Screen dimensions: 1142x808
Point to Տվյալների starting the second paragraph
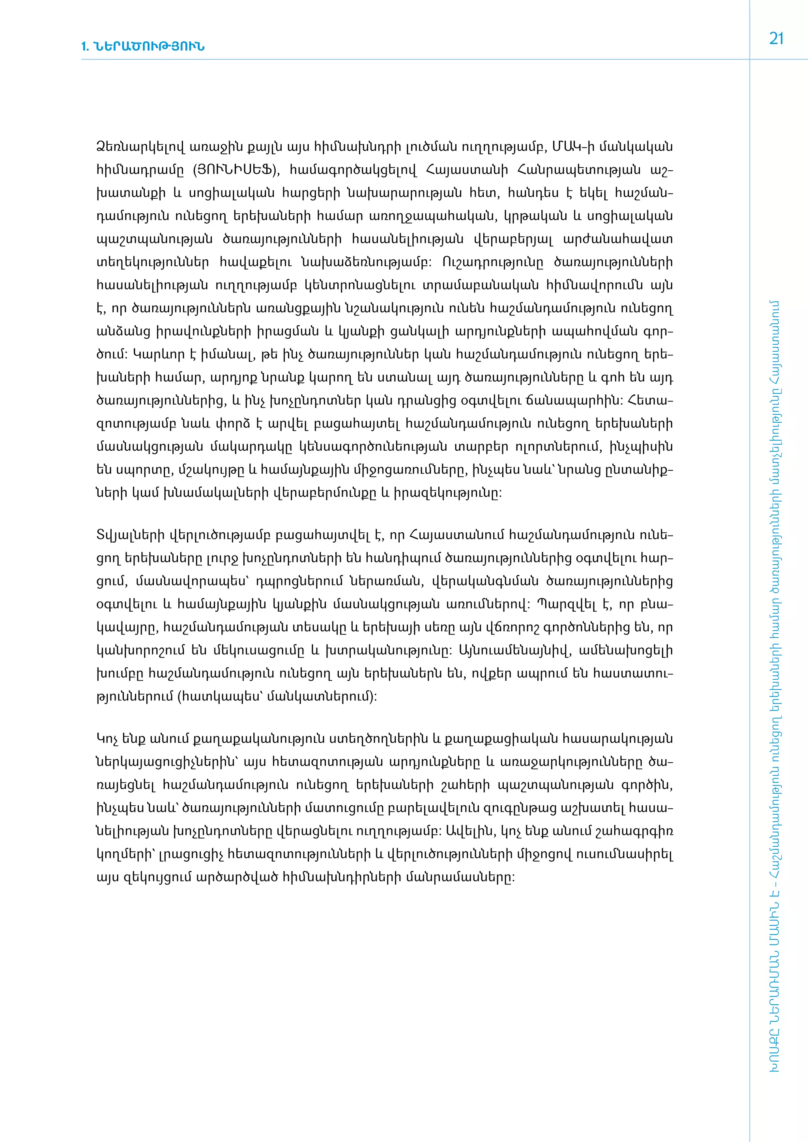coord(130,535)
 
